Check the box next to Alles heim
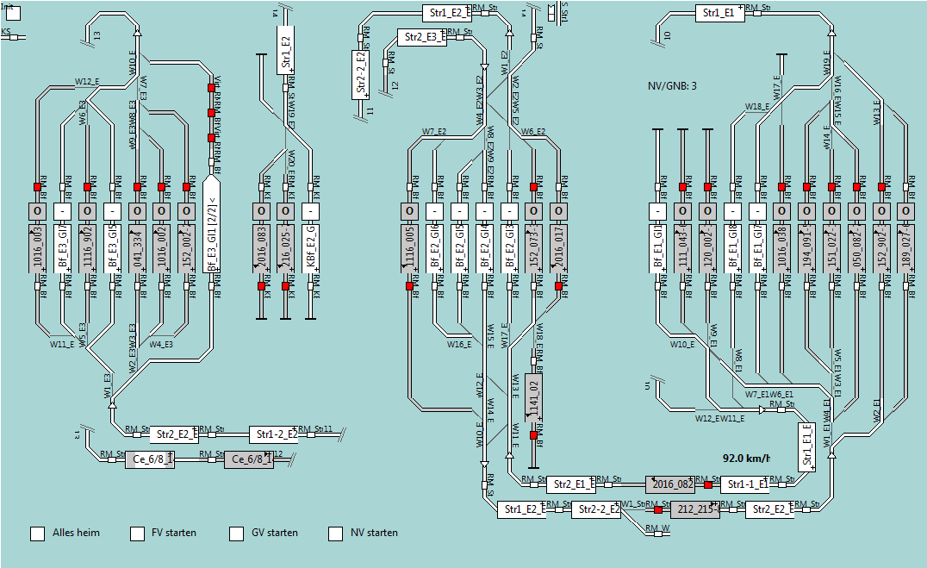[x=38, y=534]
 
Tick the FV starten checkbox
[x=137, y=534]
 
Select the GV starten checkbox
[x=236, y=534]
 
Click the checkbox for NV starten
[x=335, y=534]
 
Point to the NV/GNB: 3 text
[x=672, y=86]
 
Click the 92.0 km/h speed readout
[x=745, y=458]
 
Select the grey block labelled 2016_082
[x=670, y=484]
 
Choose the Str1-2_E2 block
[x=274, y=434]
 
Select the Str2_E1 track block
[x=569, y=484]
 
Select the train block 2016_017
[x=558, y=250]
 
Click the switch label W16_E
[x=459, y=345]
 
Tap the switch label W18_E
[x=757, y=107]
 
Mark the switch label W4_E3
[x=161, y=345]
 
